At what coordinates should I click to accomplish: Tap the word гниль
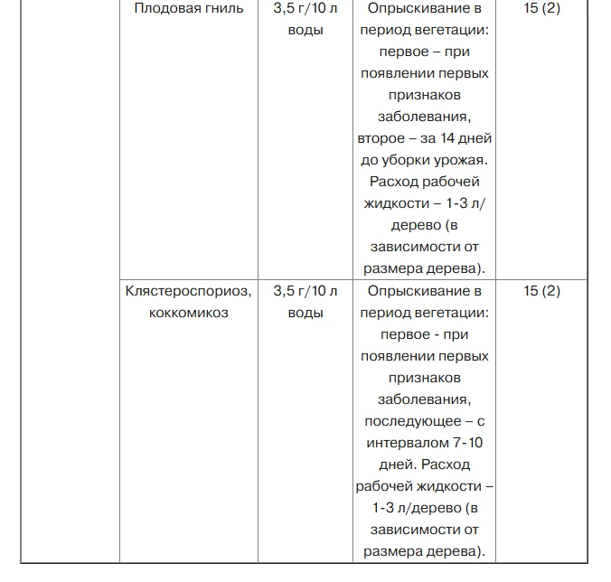tap(222, 10)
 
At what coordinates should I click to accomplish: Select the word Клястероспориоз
tap(189, 291)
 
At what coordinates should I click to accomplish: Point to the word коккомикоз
tap(189, 313)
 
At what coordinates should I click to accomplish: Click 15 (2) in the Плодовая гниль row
tap(541, 10)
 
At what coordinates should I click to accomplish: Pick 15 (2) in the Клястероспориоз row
tap(541, 291)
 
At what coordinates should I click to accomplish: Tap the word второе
tap(384, 139)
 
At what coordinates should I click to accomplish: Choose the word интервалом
tap(405, 443)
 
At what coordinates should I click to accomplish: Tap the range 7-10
tap(467, 443)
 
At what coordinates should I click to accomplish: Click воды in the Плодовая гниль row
tap(305, 32)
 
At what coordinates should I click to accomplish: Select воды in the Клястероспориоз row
tap(305, 313)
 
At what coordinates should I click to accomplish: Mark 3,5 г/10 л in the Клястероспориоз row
tap(305, 291)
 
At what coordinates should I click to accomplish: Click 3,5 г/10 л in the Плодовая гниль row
tap(305, 10)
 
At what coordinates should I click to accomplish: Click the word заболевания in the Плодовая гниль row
tap(424, 117)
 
